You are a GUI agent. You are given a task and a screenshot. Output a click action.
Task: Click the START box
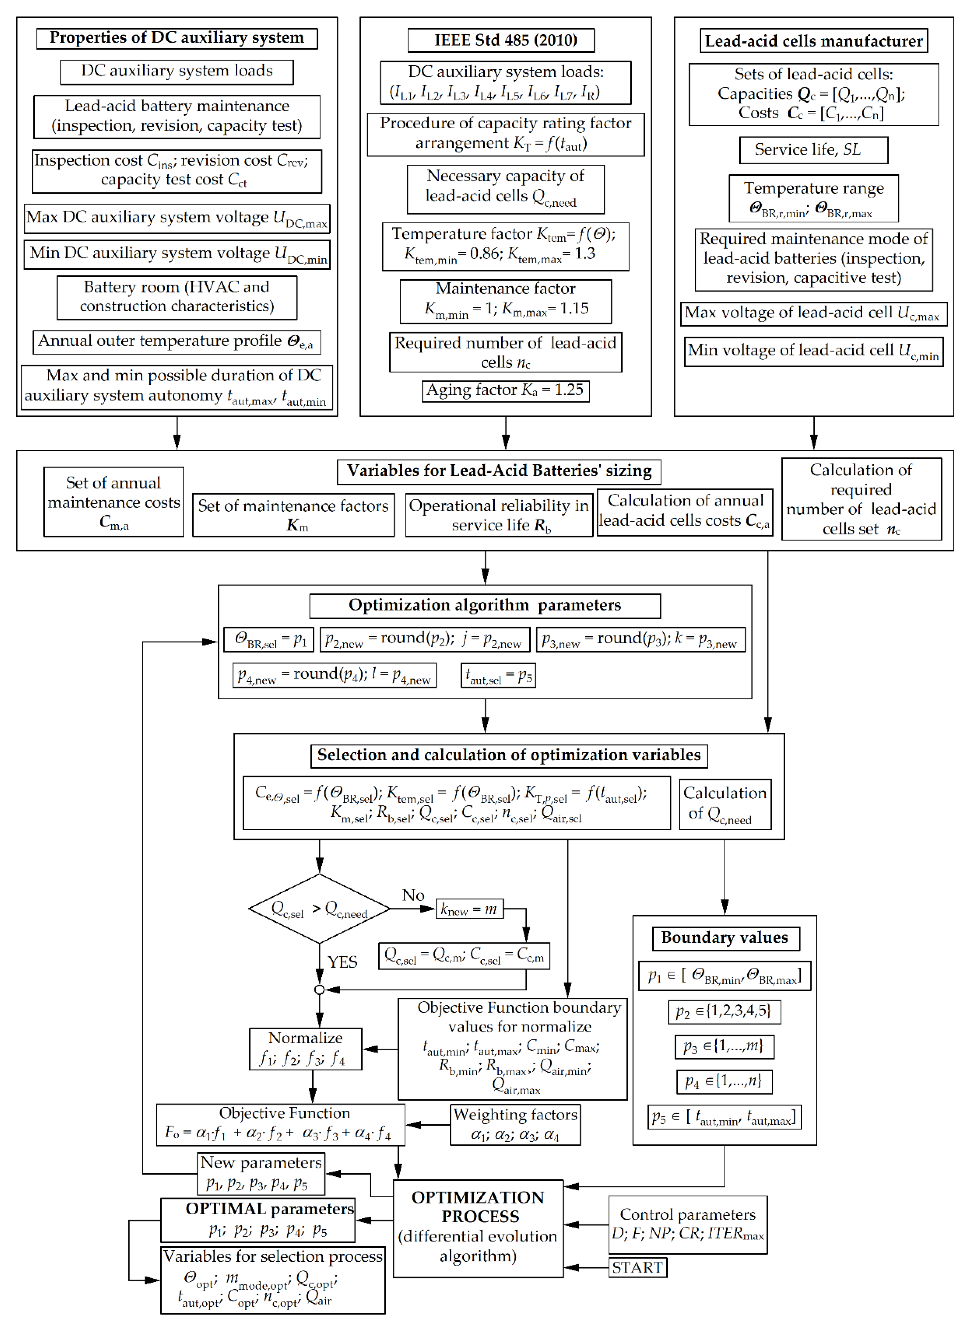[x=637, y=1267]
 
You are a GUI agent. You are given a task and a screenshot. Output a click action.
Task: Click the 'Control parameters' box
[x=687, y=1224]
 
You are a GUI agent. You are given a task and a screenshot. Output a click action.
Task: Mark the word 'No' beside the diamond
[x=413, y=895]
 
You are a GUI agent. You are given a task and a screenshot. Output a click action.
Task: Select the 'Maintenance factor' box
[x=505, y=301]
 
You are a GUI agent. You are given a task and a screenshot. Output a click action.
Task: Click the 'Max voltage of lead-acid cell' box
[x=813, y=314]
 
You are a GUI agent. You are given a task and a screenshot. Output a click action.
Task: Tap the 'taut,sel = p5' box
[x=498, y=675]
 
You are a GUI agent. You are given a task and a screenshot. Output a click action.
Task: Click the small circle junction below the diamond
[x=319, y=989]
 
